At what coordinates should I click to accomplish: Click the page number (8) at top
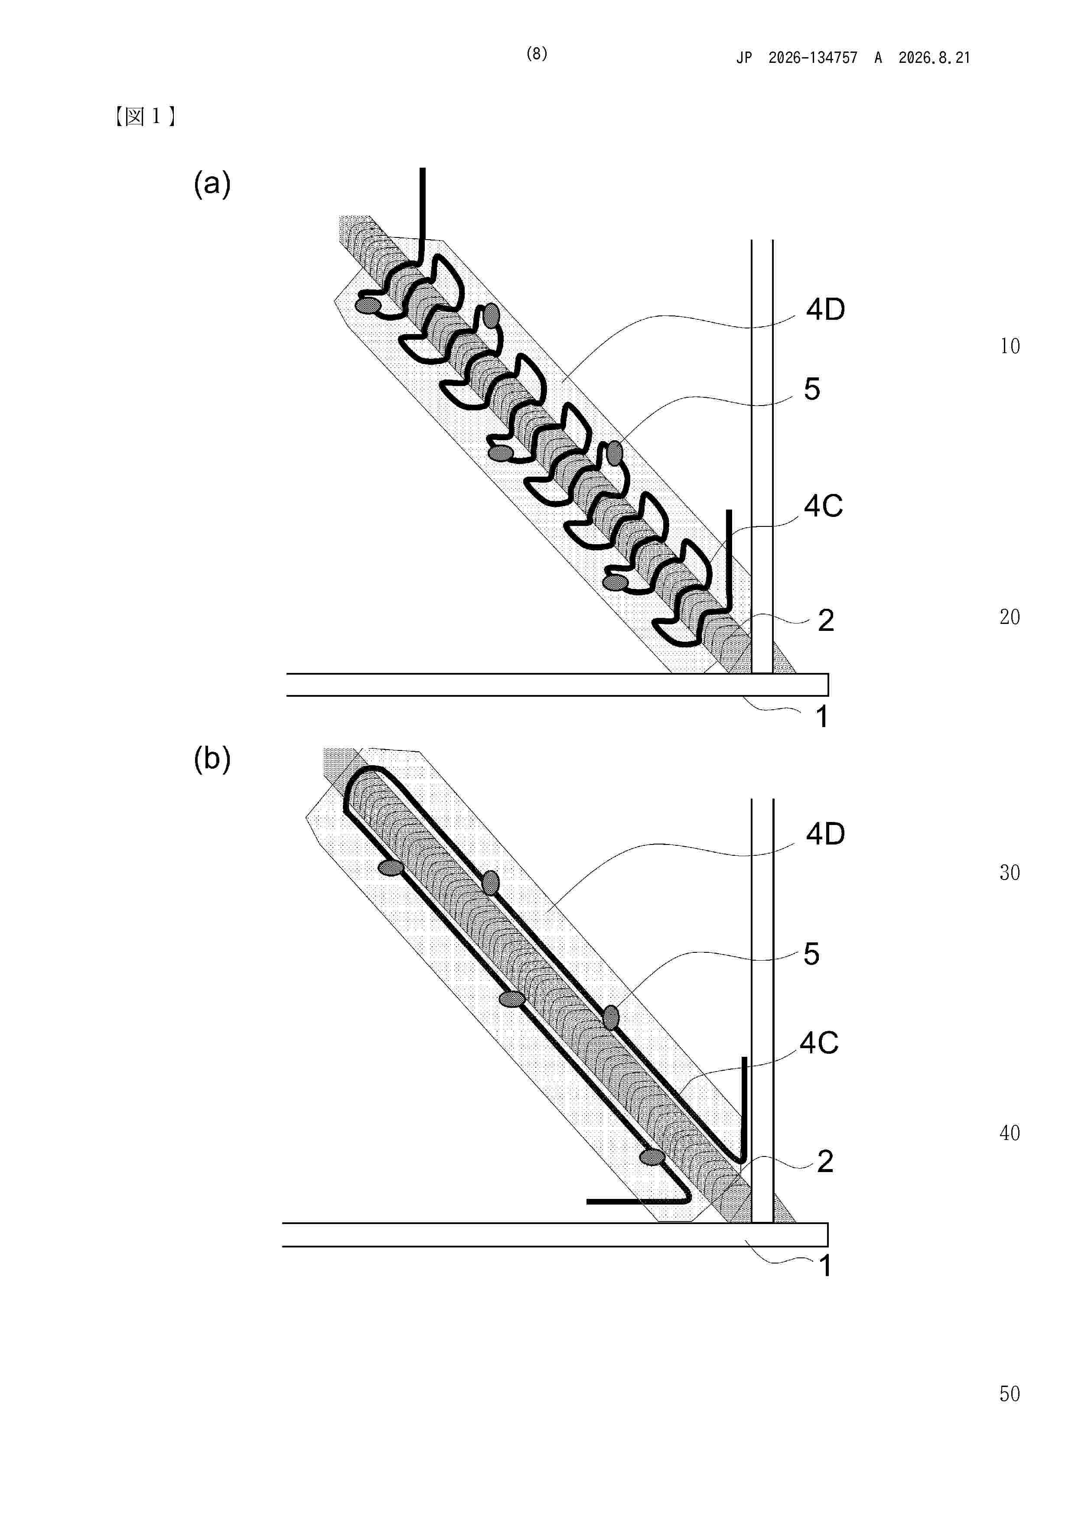click(537, 54)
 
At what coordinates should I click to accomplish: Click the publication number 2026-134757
click(813, 58)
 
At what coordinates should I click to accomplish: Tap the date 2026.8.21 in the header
click(934, 58)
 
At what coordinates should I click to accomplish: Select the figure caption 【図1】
click(144, 117)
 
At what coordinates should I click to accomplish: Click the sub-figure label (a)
click(212, 183)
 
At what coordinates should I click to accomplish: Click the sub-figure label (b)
click(212, 759)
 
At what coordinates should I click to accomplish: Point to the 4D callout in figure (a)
click(825, 309)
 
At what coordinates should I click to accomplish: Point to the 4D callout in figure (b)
click(825, 834)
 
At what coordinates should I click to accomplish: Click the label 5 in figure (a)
click(812, 389)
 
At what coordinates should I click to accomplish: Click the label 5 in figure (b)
click(811, 954)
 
